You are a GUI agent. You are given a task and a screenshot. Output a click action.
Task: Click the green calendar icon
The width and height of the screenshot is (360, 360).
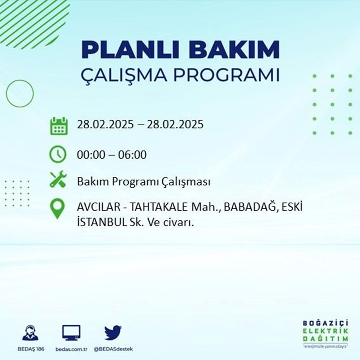point(58,126)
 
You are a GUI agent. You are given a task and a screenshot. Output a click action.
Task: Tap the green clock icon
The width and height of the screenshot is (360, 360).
point(58,155)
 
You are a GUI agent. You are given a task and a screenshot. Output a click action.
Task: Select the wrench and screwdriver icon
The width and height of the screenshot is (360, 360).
point(58,179)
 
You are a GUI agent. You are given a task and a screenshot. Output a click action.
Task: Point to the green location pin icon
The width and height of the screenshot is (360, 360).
point(58,209)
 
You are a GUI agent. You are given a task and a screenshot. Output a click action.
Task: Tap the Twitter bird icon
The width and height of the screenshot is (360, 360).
point(113,333)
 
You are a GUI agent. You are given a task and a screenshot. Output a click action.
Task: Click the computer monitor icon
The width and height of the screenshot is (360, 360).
point(71,333)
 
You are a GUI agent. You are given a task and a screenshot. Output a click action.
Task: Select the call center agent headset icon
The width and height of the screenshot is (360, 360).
point(30,333)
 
